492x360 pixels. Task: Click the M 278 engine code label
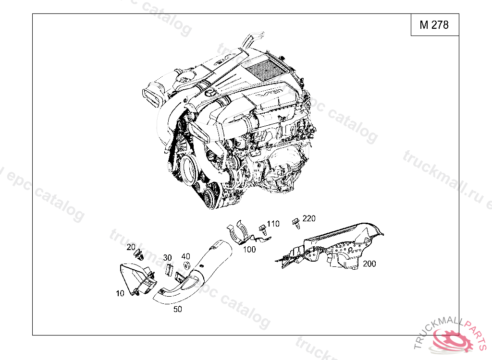coord(434,25)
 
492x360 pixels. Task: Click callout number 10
coord(120,293)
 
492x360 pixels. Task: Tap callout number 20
coord(131,247)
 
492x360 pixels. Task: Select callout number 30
coord(167,257)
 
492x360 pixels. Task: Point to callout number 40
coord(185,256)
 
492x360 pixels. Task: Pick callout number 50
coord(178,309)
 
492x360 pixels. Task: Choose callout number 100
coord(249,249)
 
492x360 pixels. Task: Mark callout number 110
coord(273,224)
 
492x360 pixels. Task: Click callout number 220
coord(309,218)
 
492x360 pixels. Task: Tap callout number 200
coord(369,264)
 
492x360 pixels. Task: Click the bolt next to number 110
coord(263,230)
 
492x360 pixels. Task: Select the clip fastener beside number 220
coord(296,223)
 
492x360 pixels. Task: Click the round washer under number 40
coord(186,265)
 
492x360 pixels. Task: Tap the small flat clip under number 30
coord(169,270)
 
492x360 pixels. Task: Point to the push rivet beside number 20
coord(139,254)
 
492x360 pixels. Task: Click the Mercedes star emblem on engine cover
coord(210,94)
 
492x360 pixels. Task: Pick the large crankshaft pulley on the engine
coord(189,171)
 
